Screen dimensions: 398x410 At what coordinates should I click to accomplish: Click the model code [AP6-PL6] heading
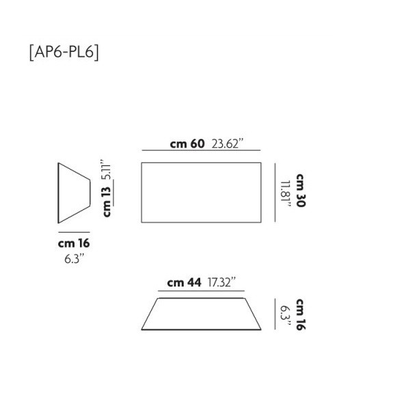[x=64, y=53]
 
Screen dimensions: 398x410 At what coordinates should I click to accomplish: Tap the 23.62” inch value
[x=228, y=144]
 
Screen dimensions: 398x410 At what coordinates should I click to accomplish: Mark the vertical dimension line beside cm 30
[x=275, y=191]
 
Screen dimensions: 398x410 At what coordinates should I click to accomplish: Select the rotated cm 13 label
[x=107, y=203]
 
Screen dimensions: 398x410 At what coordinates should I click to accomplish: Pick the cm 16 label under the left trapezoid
[x=74, y=243]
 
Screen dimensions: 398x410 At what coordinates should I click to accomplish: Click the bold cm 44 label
[x=184, y=282]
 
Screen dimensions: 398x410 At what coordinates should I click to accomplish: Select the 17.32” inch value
[x=223, y=282]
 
